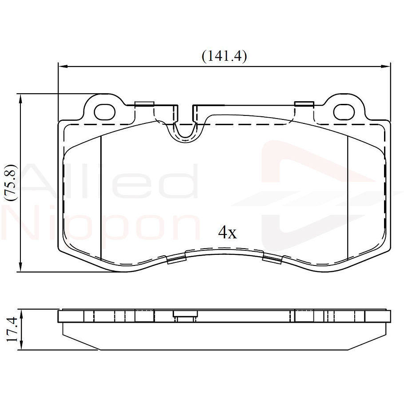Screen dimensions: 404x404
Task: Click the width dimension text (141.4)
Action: (224, 56)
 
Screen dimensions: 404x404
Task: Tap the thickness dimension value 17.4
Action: (12, 329)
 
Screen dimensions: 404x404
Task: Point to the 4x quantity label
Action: (227, 232)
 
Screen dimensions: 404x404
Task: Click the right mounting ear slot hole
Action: (344, 112)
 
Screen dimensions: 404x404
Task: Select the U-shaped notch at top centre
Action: (186, 129)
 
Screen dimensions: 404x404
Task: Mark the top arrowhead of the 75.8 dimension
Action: (20, 98)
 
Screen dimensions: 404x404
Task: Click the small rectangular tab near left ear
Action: (144, 104)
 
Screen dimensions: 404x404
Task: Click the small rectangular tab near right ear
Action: (304, 104)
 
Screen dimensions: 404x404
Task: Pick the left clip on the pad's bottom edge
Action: (175, 258)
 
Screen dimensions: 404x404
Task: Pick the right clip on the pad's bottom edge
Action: (272, 258)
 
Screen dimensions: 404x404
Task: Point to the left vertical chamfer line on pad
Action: (101, 198)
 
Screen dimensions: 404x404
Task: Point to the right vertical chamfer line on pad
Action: (347, 198)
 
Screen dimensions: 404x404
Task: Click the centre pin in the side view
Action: (184, 317)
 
